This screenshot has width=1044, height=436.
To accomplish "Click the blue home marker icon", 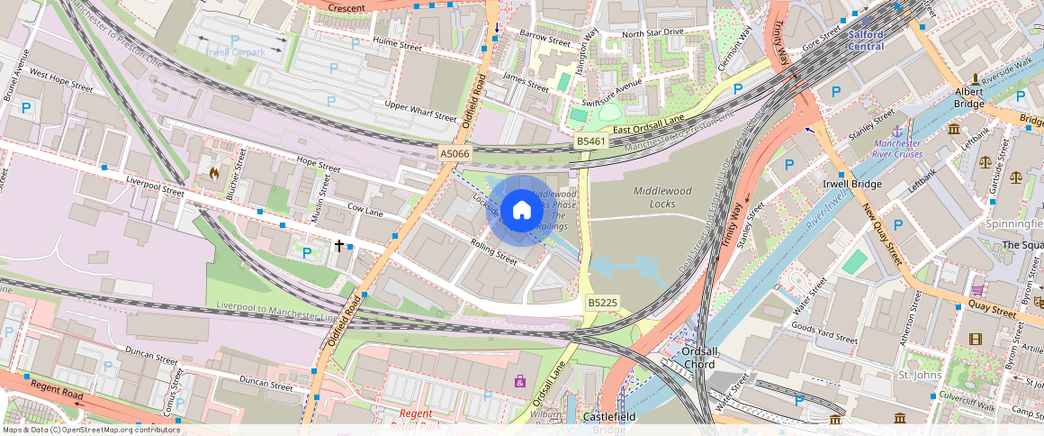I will tap(522, 211).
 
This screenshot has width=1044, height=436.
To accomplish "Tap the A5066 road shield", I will tap(454, 154).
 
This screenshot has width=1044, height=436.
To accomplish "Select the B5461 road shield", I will tap(590, 142).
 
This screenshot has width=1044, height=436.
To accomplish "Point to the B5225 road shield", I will tap(602, 302).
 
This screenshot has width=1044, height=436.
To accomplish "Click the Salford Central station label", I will tap(866, 41).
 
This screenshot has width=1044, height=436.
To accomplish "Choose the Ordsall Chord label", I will tap(698, 358).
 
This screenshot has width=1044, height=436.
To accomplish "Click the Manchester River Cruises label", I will tap(896, 149).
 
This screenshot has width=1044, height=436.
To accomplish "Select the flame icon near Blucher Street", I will tap(213, 171).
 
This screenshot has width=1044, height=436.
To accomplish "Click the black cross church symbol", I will tap(339, 245).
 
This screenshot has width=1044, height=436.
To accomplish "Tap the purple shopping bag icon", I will tap(519, 381).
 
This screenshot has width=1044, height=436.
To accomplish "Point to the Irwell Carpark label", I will tap(235, 52).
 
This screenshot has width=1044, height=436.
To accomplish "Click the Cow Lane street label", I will tap(366, 213).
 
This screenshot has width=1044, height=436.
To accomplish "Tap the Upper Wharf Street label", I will tap(420, 111).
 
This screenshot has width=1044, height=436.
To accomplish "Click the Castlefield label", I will tap(610, 417).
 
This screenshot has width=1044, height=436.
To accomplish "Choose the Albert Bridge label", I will tap(968, 97).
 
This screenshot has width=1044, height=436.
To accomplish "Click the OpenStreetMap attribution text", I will tap(90, 430).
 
